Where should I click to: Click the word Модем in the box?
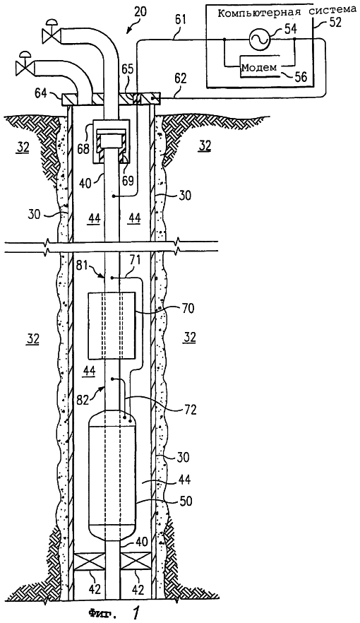point(259,67)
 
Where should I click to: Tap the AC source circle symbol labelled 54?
point(259,40)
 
